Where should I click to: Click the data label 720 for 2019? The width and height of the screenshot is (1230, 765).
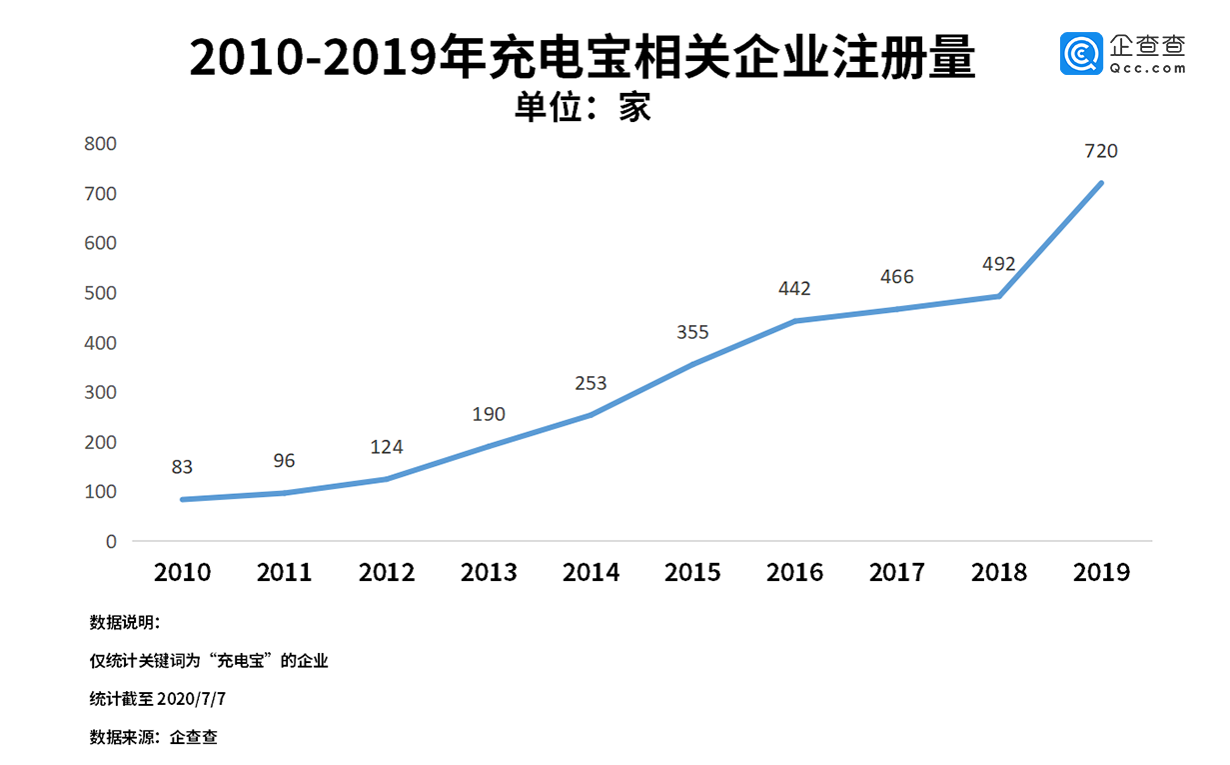pyautogui.click(x=1101, y=152)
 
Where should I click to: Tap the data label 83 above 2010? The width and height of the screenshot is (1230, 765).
pyautogui.click(x=182, y=467)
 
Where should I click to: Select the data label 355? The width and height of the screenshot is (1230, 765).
pyautogui.click(x=692, y=333)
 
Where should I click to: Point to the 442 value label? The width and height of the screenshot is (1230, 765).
pyautogui.click(x=794, y=289)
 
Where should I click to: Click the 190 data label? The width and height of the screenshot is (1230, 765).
pyautogui.click(x=489, y=414)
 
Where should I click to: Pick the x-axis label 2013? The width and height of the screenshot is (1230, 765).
pyautogui.click(x=489, y=573)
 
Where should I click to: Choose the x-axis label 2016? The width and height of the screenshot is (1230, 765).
pyautogui.click(x=794, y=573)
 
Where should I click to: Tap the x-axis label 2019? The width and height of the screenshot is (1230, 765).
pyautogui.click(x=1101, y=573)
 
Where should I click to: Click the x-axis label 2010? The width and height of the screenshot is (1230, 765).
pyautogui.click(x=182, y=573)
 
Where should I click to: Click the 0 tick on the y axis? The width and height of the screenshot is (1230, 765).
pyautogui.click(x=111, y=542)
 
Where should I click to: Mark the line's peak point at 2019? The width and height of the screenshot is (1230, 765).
pyautogui.click(x=1101, y=183)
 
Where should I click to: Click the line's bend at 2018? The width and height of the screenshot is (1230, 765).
pyautogui.click(x=999, y=296)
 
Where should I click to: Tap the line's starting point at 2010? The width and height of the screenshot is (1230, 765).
pyautogui.click(x=183, y=499)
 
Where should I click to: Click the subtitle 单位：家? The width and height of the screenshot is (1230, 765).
pyautogui.click(x=583, y=107)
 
